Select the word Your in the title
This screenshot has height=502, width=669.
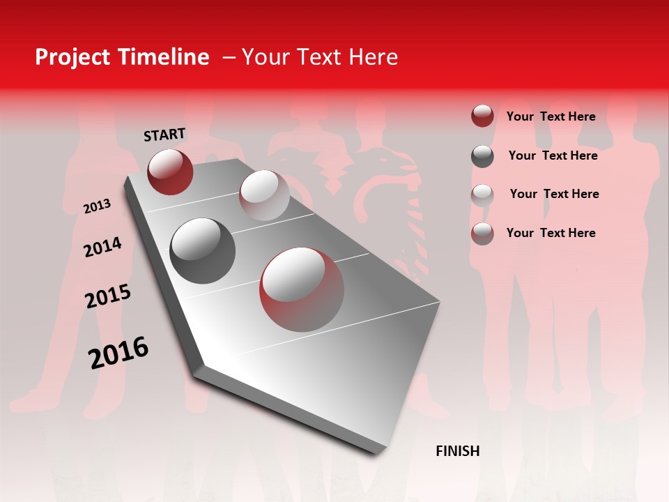[x=267, y=57]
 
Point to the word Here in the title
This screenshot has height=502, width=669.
[x=373, y=57]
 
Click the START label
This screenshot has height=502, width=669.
[x=164, y=135]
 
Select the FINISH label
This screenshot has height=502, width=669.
[x=458, y=451]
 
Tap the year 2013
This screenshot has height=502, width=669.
[x=98, y=206]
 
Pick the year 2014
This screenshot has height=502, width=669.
[x=103, y=247]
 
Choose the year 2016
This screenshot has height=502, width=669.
[x=118, y=353]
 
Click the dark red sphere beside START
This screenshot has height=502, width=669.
[x=170, y=172]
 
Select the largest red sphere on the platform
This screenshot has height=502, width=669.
[x=302, y=289]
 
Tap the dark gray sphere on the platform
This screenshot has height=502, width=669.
[x=202, y=251]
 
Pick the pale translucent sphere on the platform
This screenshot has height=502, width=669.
[x=264, y=195]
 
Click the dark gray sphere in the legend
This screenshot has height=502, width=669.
[x=482, y=156]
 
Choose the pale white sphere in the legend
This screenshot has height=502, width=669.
[x=482, y=195]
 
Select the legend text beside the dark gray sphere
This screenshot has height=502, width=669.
[x=553, y=155]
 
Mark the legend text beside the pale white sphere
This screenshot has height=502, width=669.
[x=554, y=194]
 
